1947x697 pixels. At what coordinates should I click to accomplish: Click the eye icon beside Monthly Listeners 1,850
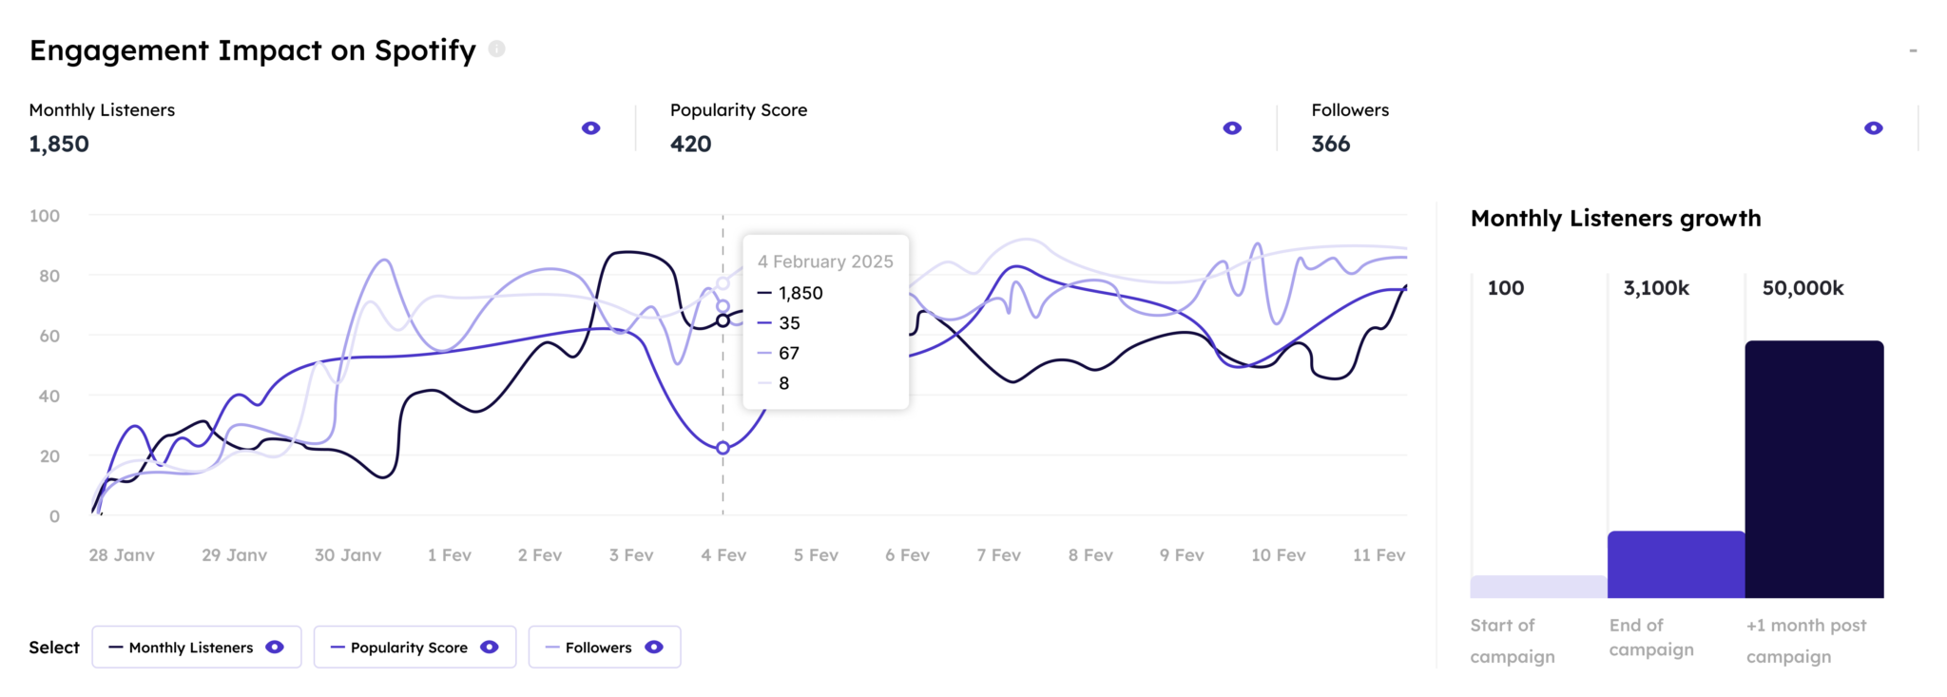pos(590,128)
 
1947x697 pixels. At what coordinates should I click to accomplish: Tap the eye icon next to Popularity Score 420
pos(1232,128)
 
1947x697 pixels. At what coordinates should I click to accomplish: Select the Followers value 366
pos(1330,144)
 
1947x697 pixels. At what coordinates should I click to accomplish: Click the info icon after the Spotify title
pos(496,48)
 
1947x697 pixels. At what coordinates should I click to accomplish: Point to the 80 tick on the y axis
pos(48,276)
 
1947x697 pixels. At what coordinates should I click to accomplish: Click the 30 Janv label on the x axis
pos(348,555)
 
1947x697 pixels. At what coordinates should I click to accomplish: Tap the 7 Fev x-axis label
pos(998,555)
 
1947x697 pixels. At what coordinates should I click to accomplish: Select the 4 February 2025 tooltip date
pos(825,261)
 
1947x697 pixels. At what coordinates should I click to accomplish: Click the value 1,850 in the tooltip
pos(800,293)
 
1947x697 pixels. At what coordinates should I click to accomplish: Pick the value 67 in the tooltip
pos(789,353)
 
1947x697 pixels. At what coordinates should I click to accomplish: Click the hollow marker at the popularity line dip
pos(723,448)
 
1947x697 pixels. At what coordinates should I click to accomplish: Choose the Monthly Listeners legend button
pos(197,648)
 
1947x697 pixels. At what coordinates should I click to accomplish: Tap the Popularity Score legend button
pos(414,648)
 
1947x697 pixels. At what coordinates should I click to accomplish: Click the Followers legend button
pos(605,648)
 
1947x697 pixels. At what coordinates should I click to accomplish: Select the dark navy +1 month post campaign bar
pos(1814,470)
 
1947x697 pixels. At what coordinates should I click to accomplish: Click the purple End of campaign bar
pos(1676,565)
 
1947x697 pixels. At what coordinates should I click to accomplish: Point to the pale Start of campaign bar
pos(1538,587)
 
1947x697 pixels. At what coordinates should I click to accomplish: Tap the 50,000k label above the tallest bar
pos(1802,288)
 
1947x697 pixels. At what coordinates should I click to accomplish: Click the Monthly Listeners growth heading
pos(1615,219)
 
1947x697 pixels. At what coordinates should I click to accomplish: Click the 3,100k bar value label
pos(1656,288)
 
